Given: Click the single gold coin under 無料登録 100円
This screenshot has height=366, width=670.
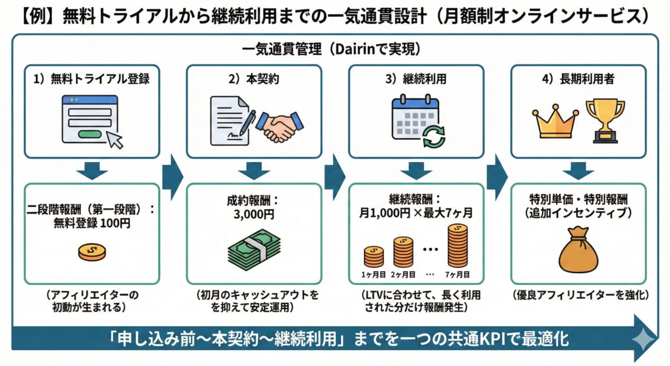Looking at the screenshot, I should tap(92, 251).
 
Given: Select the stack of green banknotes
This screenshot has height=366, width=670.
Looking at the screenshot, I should tap(254, 251).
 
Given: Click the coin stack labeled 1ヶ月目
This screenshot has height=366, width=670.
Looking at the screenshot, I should tap(374, 256).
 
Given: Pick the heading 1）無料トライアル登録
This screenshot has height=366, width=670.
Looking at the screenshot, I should tap(92, 79).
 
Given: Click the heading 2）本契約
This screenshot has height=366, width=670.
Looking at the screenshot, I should tap(254, 79).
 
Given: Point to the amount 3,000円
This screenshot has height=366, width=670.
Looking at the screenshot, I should tap(254, 215).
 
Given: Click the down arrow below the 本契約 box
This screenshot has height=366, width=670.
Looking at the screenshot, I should tap(254, 169).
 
